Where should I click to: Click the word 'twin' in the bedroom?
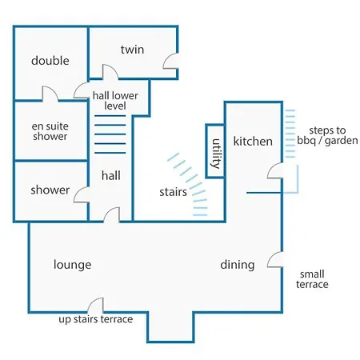(132, 50)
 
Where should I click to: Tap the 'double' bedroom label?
(50, 61)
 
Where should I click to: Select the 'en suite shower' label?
(50, 131)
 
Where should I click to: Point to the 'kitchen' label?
(253, 141)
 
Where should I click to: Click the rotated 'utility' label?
(216, 154)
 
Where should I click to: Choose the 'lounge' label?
(72, 265)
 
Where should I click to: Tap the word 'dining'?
(238, 265)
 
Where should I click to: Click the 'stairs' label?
(173, 192)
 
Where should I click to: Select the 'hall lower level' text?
(115, 101)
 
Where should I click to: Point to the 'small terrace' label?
(312, 279)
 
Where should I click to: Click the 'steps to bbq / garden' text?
(327, 135)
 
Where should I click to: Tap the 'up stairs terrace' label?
(96, 319)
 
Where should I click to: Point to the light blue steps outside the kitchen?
(290, 134)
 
